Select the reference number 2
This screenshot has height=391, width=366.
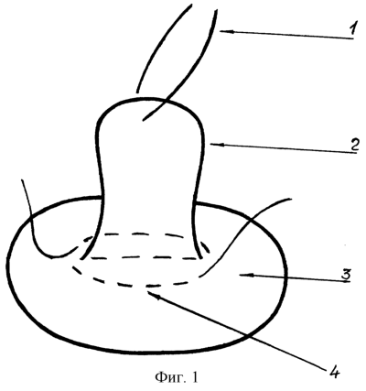click(x=353, y=145)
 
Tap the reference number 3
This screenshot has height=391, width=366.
click(x=345, y=275)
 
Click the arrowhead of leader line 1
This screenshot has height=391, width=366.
click(x=223, y=31)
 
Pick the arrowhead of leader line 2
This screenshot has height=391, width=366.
click(x=215, y=145)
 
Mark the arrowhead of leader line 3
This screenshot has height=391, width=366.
click(x=244, y=276)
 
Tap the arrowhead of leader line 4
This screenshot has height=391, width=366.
click(x=153, y=295)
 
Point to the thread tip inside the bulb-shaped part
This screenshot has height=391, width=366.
click(x=144, y=120)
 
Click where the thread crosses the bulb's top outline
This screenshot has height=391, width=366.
click(x=165, y=100)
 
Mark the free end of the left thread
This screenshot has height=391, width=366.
click(x=22, y=180)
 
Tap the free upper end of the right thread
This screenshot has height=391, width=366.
click(x=291, y=199)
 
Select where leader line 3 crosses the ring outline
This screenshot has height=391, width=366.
click(x=285, y=277)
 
